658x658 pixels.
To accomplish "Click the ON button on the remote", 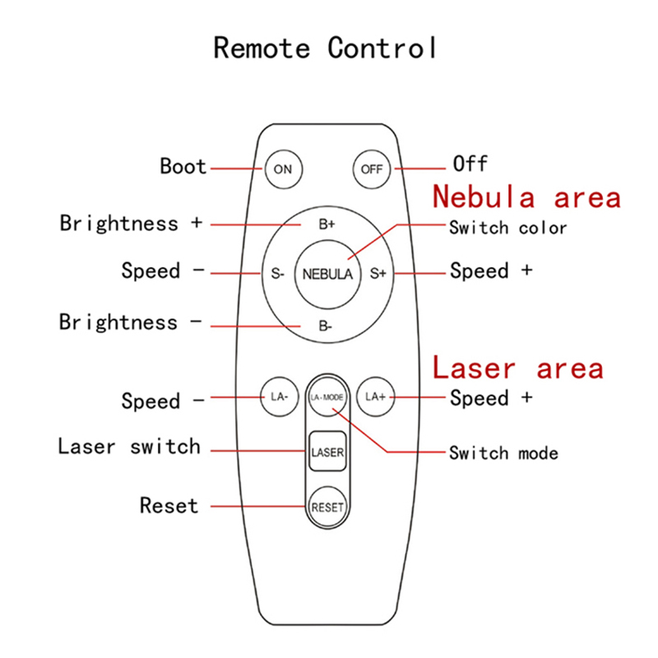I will (283, 169).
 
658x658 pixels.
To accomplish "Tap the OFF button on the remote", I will (373, 169).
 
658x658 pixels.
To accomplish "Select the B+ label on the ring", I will (327, 224).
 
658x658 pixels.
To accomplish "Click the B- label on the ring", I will (327, 325).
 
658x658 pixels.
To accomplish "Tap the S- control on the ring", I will (277, 274).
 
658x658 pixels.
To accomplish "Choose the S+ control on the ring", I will (378, 274).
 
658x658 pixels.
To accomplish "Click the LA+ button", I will (375, 396).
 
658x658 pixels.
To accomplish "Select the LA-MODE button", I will (327, 397).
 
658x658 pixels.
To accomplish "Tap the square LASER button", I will (327, 452).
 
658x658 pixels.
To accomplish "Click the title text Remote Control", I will (326, 47).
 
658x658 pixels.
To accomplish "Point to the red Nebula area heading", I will (526, 197).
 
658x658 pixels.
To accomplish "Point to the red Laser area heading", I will (518, 368).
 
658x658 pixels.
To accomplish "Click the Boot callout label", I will (183, 166).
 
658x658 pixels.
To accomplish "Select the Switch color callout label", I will (507, 228).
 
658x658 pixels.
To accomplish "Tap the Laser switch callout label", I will (129, 447).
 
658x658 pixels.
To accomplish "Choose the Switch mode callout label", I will (503, 452).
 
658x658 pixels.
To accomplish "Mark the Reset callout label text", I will (169, 504).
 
